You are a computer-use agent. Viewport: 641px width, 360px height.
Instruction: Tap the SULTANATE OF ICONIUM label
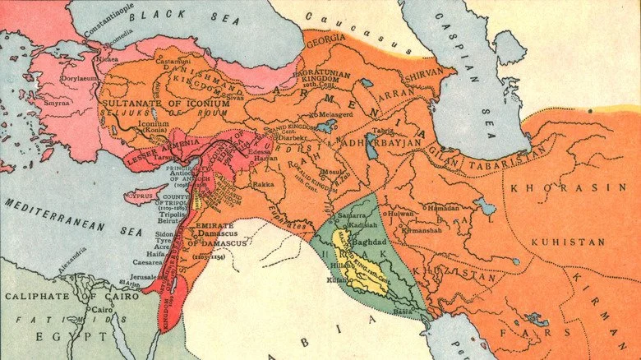(154, 104)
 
